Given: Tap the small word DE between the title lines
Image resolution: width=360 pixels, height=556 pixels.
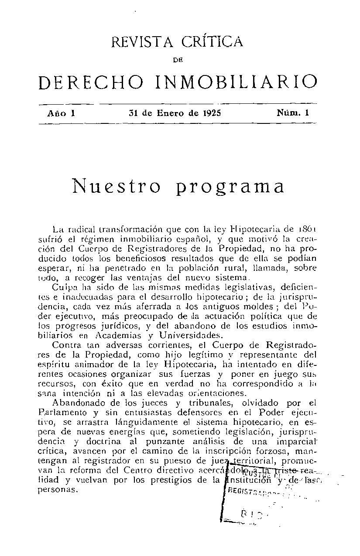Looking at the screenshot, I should coord(177,62).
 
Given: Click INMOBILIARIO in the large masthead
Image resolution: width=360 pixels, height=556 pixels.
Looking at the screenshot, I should coord(236,82).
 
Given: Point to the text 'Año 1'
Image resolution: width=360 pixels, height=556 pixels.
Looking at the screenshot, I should coord(62,113).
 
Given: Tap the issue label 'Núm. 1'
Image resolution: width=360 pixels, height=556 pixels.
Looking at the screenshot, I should coord(293,113).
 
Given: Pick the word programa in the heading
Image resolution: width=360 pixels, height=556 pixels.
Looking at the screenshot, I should coord(230,187).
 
